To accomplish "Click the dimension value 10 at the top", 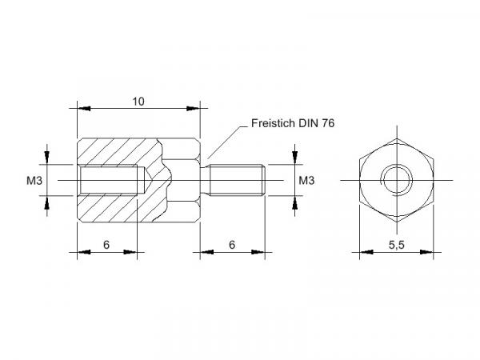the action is (138, 102).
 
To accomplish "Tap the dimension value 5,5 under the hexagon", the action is (397, 245).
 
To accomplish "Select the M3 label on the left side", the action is (34, 181).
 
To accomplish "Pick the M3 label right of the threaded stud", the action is (306, 181).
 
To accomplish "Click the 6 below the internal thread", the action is (106, 245).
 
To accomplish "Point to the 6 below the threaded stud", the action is (232, 245).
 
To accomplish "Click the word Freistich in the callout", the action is (274, 123).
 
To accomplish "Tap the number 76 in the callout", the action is (328, 123).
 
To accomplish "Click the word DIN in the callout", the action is (309, 123).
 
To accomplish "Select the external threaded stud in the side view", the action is (236, 180).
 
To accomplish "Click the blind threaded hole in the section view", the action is (112, 180).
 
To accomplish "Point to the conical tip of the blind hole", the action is (147, 180).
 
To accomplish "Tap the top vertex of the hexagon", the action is (397, 138).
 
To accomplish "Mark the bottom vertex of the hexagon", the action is (397, 222).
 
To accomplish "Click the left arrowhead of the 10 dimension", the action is (84, 108).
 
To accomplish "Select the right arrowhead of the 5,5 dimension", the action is (426, 252).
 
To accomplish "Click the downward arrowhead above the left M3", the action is (46, 158).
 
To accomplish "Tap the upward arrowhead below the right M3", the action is (294, 202).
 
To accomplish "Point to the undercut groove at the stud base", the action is (205, 180).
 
